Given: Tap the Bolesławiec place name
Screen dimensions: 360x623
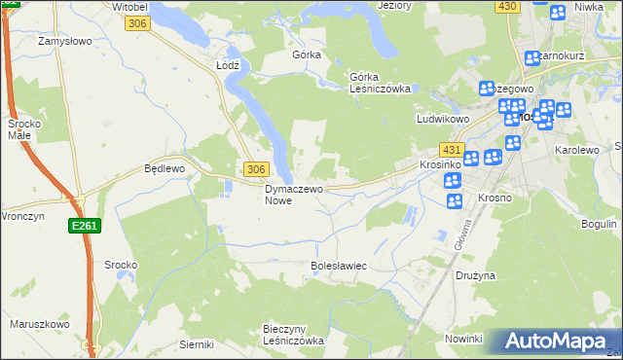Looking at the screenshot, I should pyautogui.click(x=338, y=265).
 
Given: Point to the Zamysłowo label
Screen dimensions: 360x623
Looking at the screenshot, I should pyautogui.click(x=64, y=42).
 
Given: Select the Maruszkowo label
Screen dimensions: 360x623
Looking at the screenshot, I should pyautogui.click(x=40, y=324).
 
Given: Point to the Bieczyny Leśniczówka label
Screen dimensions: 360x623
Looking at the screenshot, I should pyautogui.click(x=293, y=335).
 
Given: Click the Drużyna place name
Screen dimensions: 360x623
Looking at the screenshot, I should pyautogui.click(x=475, y=275).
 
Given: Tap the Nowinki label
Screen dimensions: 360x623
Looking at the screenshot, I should pyautogui.click(x=463, y=338).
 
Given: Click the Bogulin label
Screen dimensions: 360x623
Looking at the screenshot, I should pyautogui.click(x=599, y=224).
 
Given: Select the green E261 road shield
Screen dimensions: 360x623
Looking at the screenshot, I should pyautogui.click(x=82, y=226).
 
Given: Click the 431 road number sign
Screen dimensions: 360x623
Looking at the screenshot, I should pyautogui.click(x=450, y=150).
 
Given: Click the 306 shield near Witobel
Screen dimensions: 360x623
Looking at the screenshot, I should pyautogui.click(x=137, y=23).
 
